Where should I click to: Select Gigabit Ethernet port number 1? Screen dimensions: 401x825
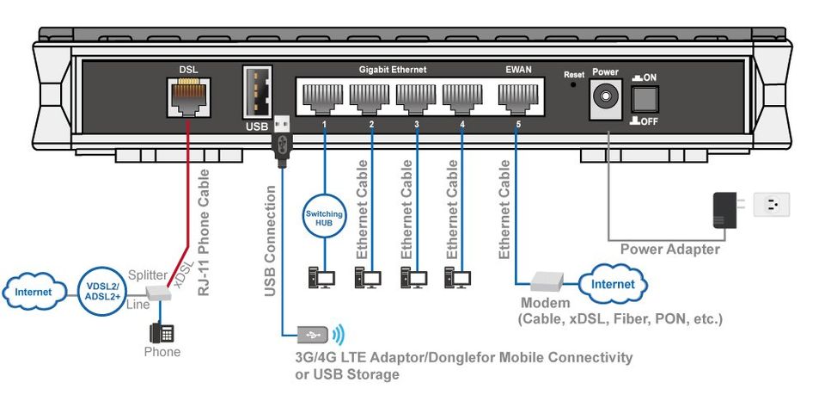pos(325,97)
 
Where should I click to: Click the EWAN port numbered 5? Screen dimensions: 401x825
pos(515,97)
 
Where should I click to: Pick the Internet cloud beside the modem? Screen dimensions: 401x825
pos(613,284)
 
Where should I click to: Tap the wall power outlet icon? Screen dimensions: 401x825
pos(772,205)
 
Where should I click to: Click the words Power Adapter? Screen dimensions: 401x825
pos(669,250)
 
